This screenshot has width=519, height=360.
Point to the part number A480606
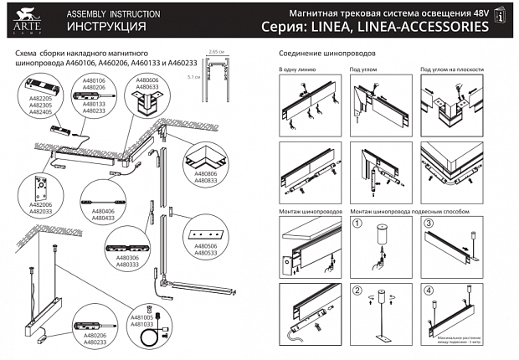pyautogui.click(x=147, y=80)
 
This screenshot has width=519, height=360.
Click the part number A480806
pyautogui.click(x=204, y=172)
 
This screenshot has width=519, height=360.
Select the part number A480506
pyautogui.click(x=205, y=245)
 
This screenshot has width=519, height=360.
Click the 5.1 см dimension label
pyautogui.click(x=195, y=77)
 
